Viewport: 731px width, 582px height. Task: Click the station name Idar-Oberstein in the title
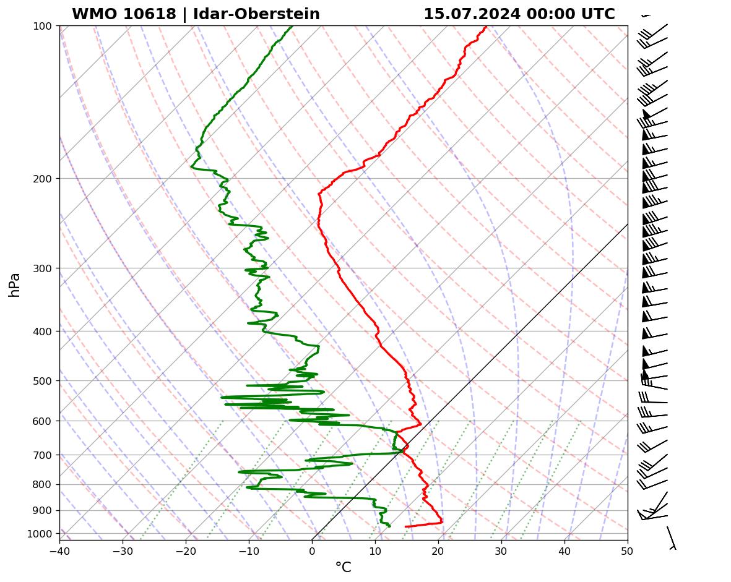coord(256,14)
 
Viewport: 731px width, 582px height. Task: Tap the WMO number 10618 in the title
coord(154,14)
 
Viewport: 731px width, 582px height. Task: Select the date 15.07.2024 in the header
coord(472,14)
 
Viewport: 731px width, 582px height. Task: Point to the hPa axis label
coord(15,285)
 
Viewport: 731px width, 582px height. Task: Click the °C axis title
coord(343,568)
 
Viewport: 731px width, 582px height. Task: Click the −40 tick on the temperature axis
coord(59,549)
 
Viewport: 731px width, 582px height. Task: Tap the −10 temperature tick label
coord(249,549)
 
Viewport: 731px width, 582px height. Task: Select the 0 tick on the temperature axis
coord(312,549)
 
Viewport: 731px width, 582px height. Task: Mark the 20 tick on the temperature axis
coord(438,549)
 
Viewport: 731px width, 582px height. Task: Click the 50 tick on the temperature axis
coord(628,549)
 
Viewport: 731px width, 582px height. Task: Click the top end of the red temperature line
coord(486,26)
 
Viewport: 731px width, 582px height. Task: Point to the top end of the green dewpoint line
coord(292,26)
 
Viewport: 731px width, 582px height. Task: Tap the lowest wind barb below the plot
coord(671,537)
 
